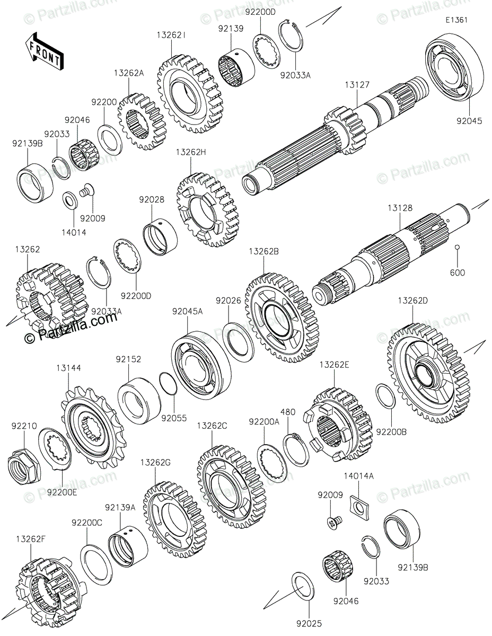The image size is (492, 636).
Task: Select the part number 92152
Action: point(128,359)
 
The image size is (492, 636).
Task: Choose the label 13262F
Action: point(30,538)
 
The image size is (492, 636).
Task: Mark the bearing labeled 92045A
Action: point(200,366)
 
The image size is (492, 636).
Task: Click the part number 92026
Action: point(228,301)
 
